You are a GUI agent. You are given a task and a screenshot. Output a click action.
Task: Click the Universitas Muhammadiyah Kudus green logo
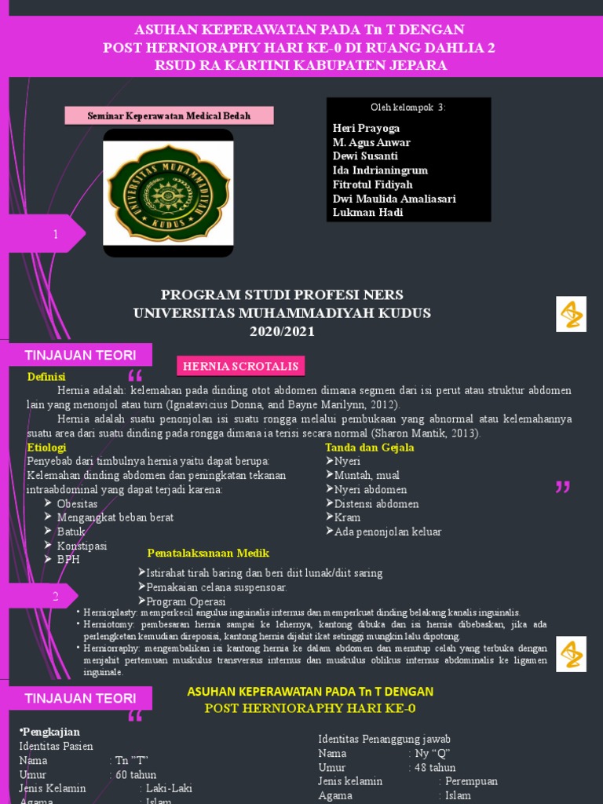[168, 192]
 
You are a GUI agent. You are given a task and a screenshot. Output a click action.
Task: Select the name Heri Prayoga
[366, 128]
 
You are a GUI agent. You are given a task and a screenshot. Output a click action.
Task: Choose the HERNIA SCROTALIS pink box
[239, 366]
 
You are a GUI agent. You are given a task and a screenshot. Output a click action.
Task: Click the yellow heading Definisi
[46, 377]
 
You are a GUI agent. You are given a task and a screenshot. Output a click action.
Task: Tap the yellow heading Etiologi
[46, 447]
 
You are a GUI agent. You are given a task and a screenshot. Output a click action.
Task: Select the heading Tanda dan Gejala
[370, 448]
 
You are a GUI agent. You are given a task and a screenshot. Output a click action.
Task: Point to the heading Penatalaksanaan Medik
[208, 553]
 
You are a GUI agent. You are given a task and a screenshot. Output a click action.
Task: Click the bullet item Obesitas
[77, 503]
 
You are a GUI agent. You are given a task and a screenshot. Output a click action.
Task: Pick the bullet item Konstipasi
[82, 546]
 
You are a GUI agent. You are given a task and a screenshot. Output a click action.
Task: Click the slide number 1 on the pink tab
[56, 235]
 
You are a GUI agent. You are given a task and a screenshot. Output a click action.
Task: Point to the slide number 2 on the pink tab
[56, 597]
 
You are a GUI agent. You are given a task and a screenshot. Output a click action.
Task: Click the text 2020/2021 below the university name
[282, 331]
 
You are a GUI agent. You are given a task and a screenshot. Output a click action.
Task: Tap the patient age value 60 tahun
[136, 774]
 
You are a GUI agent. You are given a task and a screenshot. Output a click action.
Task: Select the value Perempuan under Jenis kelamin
[471, 781]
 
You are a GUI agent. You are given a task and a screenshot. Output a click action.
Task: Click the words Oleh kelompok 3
[407, 108]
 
